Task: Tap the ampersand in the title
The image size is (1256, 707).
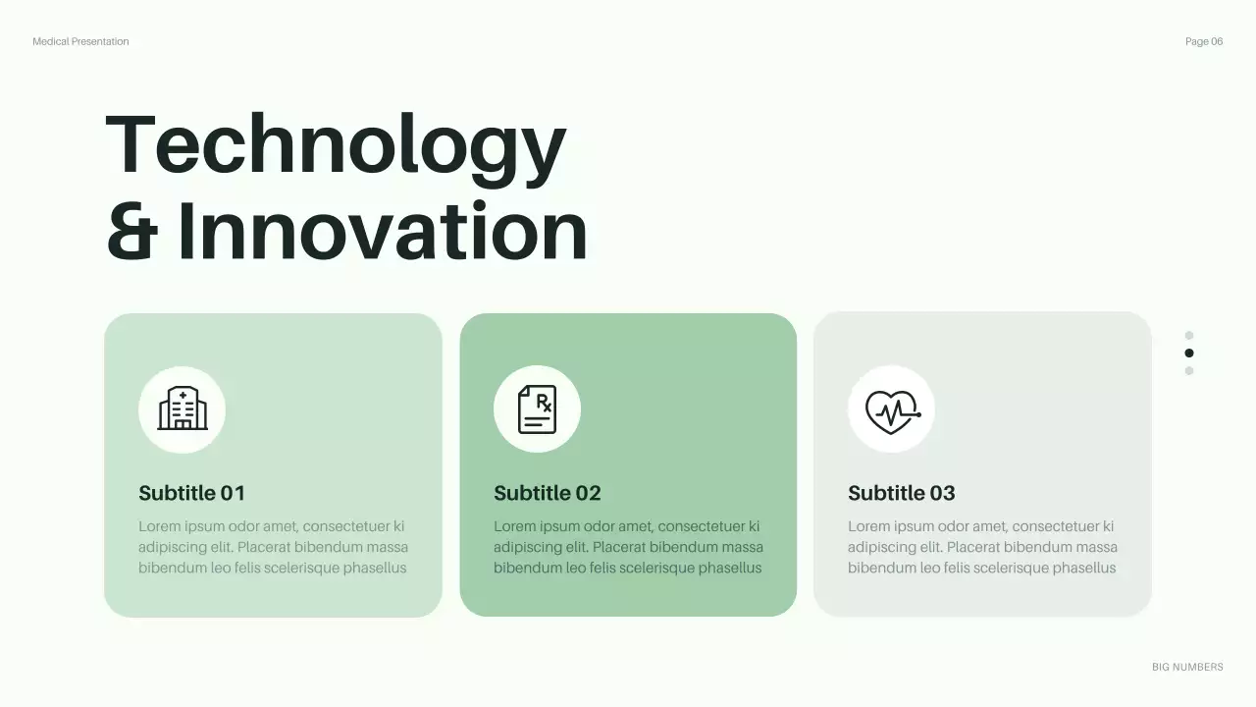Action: tap(131, 232)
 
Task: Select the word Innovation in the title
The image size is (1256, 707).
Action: tap(383, 232)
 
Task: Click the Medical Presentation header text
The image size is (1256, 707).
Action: tap(80, 41)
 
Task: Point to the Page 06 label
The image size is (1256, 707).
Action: tap(1204, 41)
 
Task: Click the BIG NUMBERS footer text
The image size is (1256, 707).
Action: tap(1187, 667)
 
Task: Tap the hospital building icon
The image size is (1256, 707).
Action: tap(183, 409)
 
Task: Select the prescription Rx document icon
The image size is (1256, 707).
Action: tap(537, 409)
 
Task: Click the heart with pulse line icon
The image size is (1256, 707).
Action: tap(891, 409)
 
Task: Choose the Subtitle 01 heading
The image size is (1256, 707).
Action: tap(191, 493)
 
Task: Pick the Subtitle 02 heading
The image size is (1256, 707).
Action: tap(547, 493)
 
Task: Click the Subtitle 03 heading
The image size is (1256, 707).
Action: tap(901, 493)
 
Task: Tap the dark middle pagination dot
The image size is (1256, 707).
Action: tap(1189, 353)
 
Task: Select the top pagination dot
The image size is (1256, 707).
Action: tap(1189, 335)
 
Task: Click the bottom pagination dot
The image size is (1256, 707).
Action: tap(1189, 370)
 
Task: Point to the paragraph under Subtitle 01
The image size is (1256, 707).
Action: tap(273, 547)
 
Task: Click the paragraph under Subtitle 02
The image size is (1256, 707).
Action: tap(628, 547)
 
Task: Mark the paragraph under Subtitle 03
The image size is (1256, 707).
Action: tap(982, 547)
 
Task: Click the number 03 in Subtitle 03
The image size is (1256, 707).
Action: tap(941, 493)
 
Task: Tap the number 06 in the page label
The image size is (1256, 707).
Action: tap(1217, 41)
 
